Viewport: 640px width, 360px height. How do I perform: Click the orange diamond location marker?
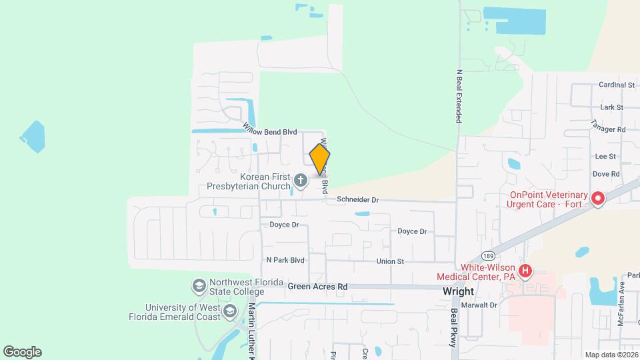[320, 159]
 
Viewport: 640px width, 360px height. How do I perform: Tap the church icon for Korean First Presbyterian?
[301, 180]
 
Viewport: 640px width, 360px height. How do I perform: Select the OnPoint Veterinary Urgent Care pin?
[597, 198]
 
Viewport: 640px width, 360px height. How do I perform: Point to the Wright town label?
[458, 291]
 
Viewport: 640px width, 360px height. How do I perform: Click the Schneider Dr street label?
[357, 199]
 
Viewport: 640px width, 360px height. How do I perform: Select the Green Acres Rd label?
[318, 287]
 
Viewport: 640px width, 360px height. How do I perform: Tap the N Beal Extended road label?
[459, 96]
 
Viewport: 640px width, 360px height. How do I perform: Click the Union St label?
[390, 261]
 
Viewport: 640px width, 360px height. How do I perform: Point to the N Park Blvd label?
[285, 260]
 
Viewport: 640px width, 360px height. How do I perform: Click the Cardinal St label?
[616, 85]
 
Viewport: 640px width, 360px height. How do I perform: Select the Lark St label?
[611, 107]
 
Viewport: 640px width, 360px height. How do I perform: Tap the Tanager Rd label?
[608, 126]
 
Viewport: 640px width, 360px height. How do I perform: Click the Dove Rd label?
[606, 174]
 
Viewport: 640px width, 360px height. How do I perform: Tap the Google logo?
[23, 352]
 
